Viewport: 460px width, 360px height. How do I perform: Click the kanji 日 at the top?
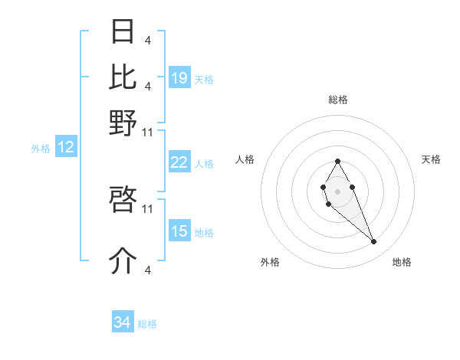(x=123, y=31)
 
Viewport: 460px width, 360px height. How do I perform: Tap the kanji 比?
(x=123, y=76)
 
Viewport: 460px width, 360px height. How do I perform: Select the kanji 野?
(x=123, y=123)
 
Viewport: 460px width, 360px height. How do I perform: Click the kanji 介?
(x=123, y=260)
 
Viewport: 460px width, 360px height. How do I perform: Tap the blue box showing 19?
(x=179, y=78)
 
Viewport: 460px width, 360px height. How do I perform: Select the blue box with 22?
(x=179, y=162)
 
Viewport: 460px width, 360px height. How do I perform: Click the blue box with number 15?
(x=179, y=231)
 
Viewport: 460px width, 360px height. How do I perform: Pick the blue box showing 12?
(x=66, y=148)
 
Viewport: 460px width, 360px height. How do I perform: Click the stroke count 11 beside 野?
(x=148, y=133)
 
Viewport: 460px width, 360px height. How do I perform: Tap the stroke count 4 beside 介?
(x=148, y=270)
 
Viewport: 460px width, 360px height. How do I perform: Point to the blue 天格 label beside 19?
(x=204, y=80)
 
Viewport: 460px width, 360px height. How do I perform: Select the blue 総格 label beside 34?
(x=147, y=324)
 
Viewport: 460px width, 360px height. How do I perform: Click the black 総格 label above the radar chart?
(x=338, y=100)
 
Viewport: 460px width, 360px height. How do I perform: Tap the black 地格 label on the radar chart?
(x=402, y=262)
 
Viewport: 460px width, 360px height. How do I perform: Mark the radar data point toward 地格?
(x=374, y=242)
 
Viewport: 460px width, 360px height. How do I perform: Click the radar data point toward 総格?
(x=337, y=161)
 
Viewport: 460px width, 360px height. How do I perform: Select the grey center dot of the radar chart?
(x=337, y=190)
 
